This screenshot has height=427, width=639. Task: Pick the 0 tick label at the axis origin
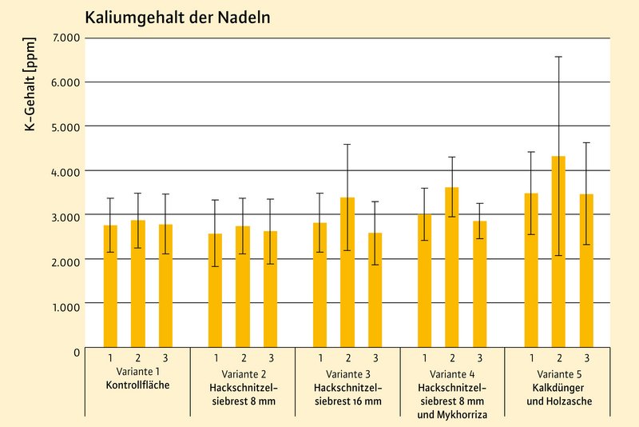(76, 350)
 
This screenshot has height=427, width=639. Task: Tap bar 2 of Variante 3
(347, 272)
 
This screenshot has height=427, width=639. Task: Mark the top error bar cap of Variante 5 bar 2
(559, 57)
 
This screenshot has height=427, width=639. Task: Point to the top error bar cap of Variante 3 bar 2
(347, 145)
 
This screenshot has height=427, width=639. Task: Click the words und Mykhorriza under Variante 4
(453, 414)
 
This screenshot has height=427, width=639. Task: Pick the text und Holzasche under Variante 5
(559, 401)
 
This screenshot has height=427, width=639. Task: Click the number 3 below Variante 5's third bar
(587, 357)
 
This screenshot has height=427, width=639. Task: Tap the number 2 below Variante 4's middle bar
(452, 357)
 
